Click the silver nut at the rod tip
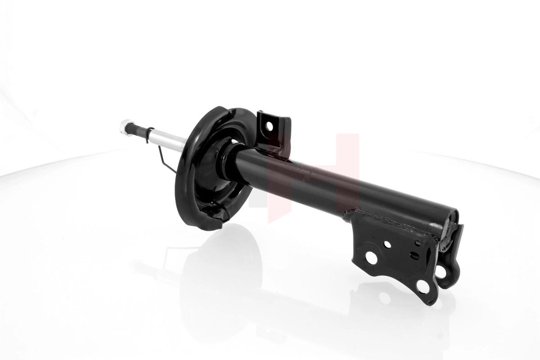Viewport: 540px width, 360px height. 126,127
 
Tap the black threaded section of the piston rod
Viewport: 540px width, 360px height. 137,130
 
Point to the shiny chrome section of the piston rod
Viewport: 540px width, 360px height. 169,140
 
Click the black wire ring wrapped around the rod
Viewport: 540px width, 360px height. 148,134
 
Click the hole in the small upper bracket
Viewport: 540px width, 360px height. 269,126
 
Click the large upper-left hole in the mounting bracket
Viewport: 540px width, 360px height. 371,257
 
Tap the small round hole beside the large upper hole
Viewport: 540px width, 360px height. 387,244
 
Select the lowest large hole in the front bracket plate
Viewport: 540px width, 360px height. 423,286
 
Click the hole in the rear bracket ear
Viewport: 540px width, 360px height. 441,271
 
